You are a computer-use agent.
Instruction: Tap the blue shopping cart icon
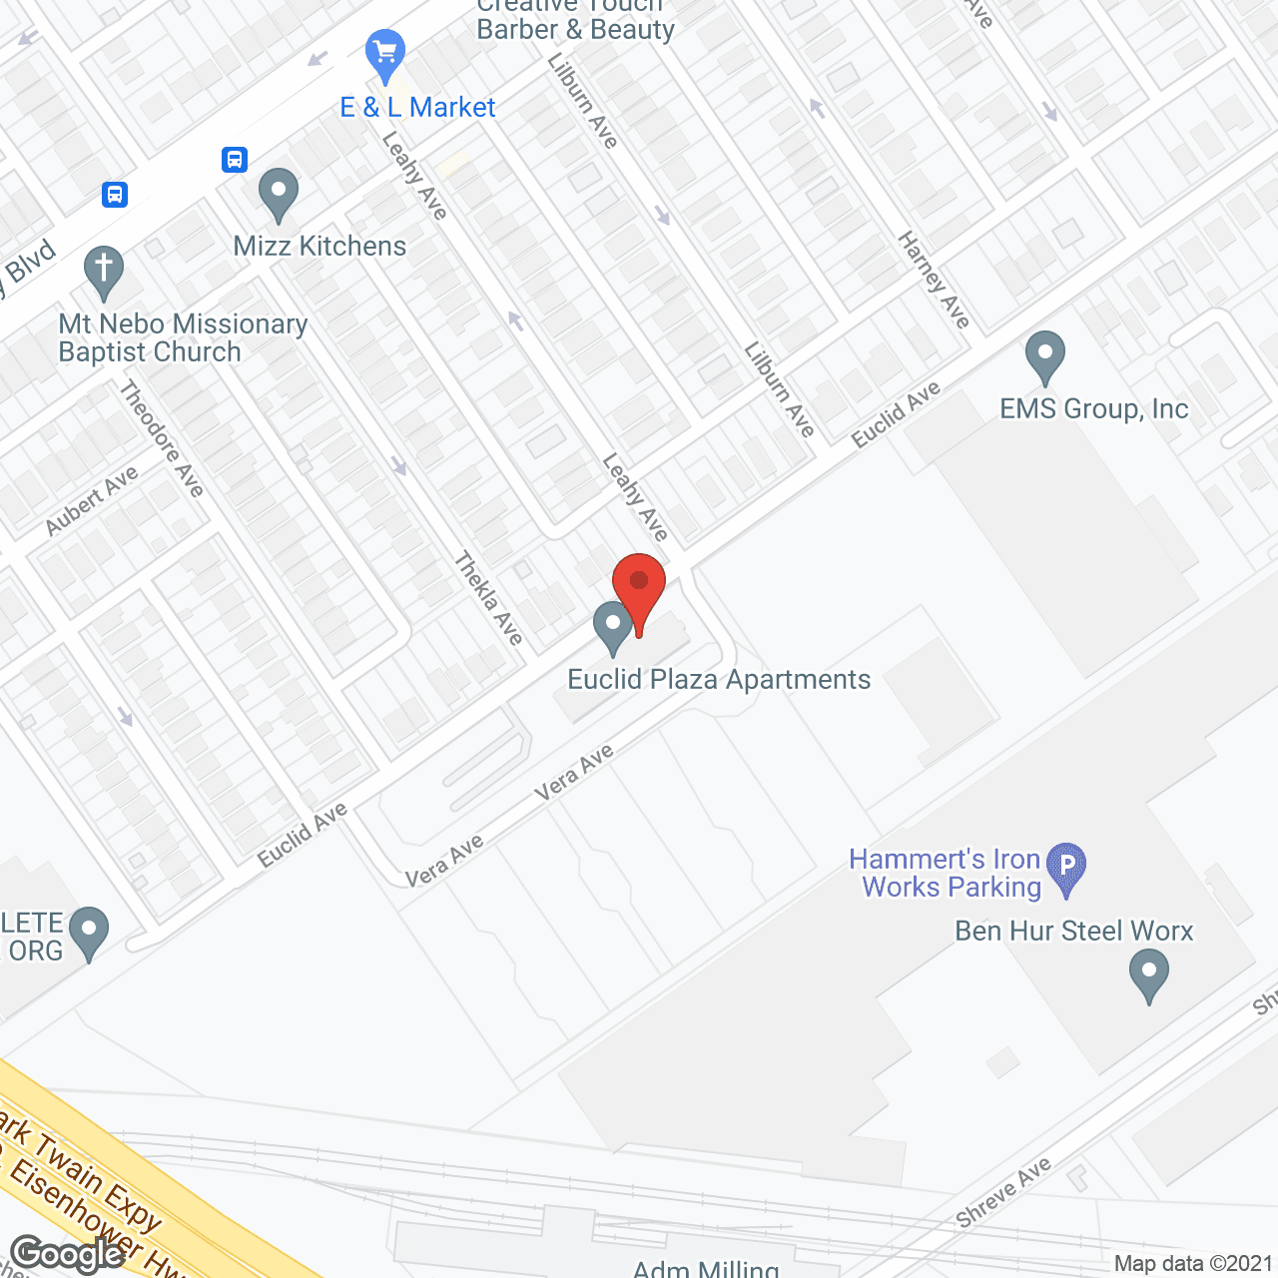385,53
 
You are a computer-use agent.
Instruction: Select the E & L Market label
417,108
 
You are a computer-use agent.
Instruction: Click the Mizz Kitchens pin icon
279,192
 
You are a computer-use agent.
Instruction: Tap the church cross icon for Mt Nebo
104,270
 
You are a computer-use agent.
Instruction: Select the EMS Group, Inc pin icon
1045,354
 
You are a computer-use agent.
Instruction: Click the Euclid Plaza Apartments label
719,680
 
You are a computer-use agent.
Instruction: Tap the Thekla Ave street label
488,598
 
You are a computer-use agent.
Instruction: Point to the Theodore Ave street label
162,438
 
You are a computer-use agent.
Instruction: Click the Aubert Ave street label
92,501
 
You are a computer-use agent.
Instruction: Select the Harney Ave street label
934,280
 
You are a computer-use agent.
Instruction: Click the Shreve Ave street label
1002,1192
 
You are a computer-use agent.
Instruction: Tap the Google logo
68,1254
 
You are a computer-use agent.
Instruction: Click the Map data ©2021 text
1193,1264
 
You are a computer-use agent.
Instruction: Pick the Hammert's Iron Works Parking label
945,874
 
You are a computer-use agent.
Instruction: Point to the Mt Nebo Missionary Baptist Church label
184,338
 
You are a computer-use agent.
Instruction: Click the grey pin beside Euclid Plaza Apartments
613,626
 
